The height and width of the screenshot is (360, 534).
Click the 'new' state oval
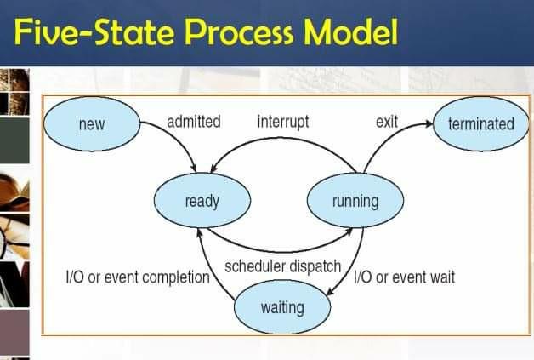pyautogui.click(x=92, y=123)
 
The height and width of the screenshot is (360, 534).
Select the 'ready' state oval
pyautogui.click(x=202, y=201)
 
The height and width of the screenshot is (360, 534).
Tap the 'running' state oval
pyautogui.click(x=355, y=201)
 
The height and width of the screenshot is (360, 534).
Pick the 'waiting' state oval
pyautogui.click(x=282, y=307)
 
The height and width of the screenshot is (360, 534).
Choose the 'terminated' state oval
pyautogui.click(x=481, y=123)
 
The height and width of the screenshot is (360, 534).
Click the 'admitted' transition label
pyautogui.click(x=194, y=122)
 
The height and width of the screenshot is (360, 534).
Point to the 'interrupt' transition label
pyautogui.click(x=283, y=122)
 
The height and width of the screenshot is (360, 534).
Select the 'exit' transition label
pyautogui.click(x=387, y=122)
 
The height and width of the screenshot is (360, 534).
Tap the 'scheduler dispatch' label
pyautogui.click(x=282, y=266)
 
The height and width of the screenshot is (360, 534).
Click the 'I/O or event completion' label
pyautogui.click(x=138, y=277)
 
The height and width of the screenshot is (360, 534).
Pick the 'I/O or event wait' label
pyautogui.click(x=404, y=277)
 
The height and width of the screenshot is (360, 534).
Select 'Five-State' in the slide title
pyautogui.click(x=94, y=31)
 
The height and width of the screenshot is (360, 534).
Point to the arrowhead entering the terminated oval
pyautogui.click(x=428, y=123)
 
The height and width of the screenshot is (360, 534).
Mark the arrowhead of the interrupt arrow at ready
pyautogui.click(x=214, y=169)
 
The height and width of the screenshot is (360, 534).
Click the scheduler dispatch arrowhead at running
pyautogui.click(x=349, y=231)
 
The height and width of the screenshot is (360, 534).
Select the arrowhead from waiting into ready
pyautogui.click(x=200, y=233)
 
